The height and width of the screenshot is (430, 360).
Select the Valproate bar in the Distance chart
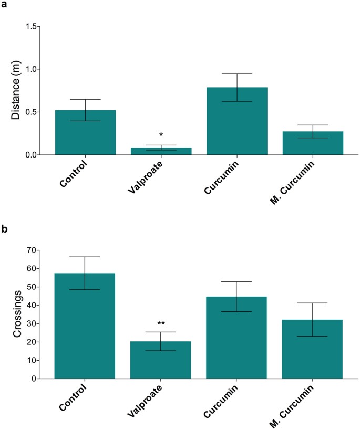pyautogui.click(x=161, y=151)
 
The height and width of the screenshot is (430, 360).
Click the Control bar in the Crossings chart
pyautogui.click(x=85, y=326)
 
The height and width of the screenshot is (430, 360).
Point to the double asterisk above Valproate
pyautogui.click(x=161, y=324)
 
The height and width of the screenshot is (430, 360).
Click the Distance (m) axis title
pyautogui.click(x=16, y=90)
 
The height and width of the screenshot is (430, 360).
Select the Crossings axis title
pyautogui.click(x=16, y=314)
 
